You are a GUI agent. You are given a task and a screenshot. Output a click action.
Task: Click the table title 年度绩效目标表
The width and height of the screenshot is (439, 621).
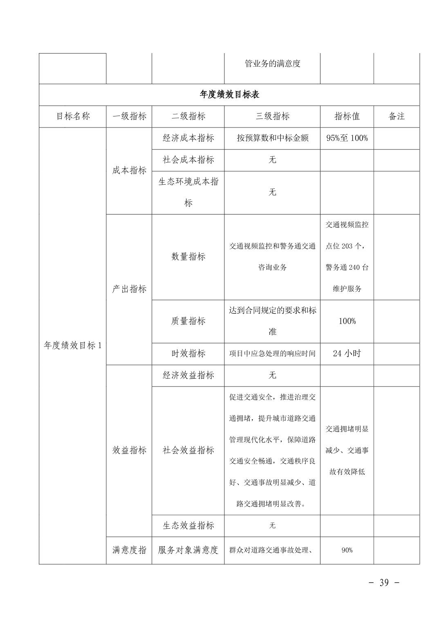click(229, 95)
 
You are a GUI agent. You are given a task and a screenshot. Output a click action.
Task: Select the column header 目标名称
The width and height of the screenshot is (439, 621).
click(73, 116)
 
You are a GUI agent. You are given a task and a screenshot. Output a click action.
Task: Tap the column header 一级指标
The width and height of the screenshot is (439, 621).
click(129, 116)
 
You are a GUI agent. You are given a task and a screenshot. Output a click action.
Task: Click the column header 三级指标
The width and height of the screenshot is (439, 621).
click(272, 116)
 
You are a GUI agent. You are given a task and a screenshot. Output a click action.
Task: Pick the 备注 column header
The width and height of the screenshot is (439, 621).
click(396, 116)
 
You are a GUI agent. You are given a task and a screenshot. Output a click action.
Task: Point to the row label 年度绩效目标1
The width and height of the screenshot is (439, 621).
click(73, 346)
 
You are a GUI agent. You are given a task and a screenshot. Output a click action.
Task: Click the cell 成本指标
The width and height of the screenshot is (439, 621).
click(129, 171)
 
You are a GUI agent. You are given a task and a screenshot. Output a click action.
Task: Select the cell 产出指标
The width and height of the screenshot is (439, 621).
click(129, 289)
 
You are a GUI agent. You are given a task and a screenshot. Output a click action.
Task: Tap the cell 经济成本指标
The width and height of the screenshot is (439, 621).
click(188, 138)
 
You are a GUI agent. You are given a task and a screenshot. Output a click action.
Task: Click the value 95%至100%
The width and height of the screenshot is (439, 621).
click(347, 138)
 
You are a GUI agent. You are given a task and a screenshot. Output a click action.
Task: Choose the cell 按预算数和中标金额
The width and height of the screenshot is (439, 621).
click(272, 138)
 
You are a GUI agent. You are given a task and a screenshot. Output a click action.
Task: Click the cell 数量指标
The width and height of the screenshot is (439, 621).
click(188, 257)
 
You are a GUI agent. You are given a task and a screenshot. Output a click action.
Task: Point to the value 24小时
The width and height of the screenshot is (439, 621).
click(347, 354)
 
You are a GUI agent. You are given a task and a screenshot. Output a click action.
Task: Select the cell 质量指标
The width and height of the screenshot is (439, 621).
click(188, 321)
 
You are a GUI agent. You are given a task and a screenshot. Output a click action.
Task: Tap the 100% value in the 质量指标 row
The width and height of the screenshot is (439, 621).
click(347, 321)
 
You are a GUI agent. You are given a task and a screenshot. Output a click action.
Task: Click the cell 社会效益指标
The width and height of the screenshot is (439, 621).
click(188, 450)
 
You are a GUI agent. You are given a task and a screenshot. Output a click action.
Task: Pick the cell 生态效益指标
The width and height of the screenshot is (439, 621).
click(188, 526)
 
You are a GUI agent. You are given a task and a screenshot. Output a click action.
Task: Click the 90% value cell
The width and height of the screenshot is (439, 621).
click(347, 550)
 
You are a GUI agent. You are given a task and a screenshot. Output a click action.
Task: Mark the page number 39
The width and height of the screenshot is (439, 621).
click(384, 583)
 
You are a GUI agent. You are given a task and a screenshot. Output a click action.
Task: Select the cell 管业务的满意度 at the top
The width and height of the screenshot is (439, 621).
click(272, 64)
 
